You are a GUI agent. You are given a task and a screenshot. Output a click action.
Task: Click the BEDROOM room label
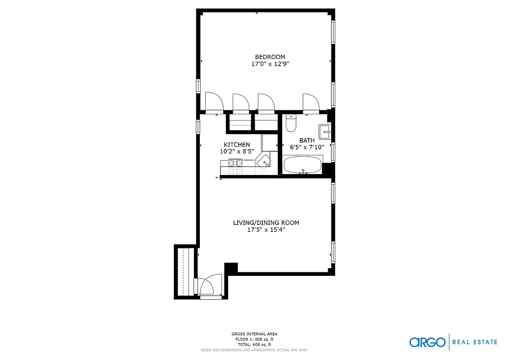coord(270,57)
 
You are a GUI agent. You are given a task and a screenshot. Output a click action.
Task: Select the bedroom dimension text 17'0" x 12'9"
coord(270,64)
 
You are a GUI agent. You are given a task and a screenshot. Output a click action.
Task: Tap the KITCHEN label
coord(237,144)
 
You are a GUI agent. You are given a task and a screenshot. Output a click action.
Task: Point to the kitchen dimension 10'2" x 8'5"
coord(237,152)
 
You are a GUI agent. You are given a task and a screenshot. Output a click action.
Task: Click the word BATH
coord(307,140)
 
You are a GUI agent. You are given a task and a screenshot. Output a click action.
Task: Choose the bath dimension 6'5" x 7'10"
coord(307,147)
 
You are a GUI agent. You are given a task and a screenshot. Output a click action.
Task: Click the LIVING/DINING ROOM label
coord(266,223)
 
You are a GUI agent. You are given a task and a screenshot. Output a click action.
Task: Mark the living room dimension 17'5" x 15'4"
coord(266,229)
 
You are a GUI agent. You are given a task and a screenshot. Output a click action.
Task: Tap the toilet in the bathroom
coord(291,123)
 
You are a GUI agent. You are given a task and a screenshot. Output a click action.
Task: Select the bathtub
coord(302,164)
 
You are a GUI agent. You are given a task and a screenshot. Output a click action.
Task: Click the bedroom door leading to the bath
coord(311,103)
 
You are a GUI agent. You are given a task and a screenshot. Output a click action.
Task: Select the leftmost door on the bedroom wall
coord(214,102)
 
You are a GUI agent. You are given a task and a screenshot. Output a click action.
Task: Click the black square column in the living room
coord(231,268)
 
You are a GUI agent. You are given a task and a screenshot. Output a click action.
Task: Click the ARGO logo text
coord(427,342)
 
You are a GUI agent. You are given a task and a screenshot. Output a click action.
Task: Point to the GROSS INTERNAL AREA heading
coord(254,334)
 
